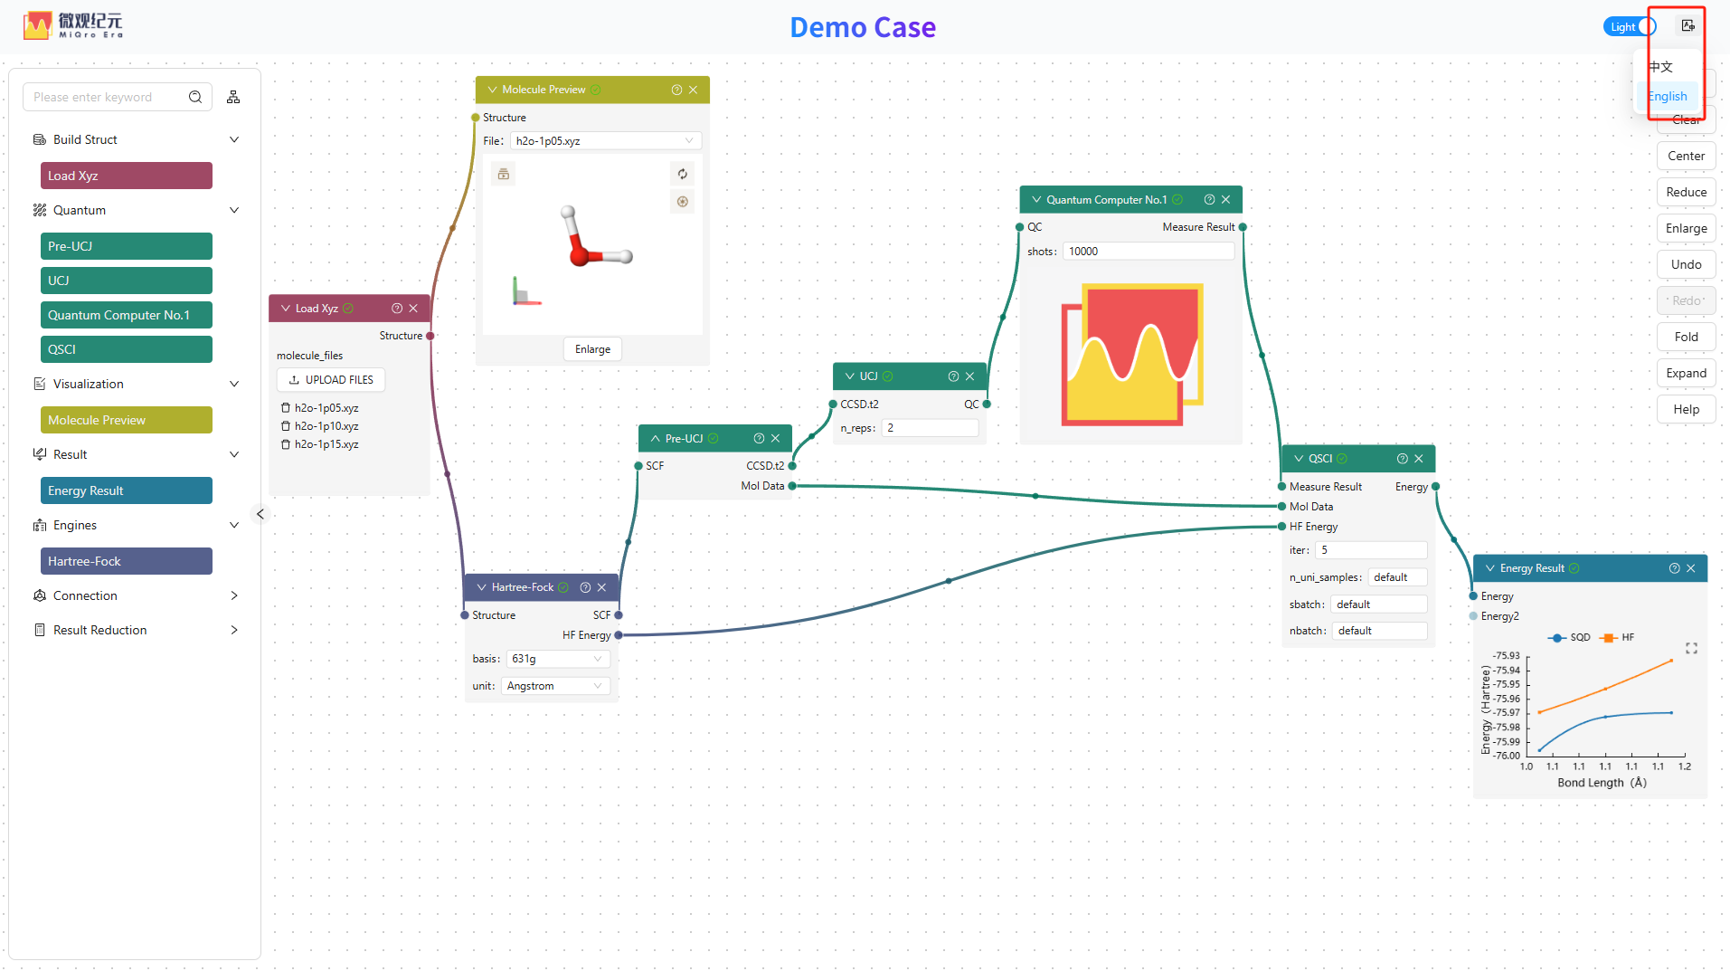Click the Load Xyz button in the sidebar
pos(126,176)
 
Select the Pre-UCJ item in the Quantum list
pos(126,246)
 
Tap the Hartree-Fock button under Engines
pos(126,561)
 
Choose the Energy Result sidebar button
pos(126,490)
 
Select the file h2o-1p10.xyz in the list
pos(326,426)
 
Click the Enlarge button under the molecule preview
pos(592,349)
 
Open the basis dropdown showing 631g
pos(557,659)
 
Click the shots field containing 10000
pos(1148,252)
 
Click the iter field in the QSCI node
pos(1370,550)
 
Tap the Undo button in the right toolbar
pos(1686,264)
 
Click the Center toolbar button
pos(1686,156)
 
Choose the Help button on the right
pos(1686,409)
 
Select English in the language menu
pos(1667,97)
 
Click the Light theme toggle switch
pos(1630,27)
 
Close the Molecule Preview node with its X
pos(693,90)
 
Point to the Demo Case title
pos(863,27)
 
